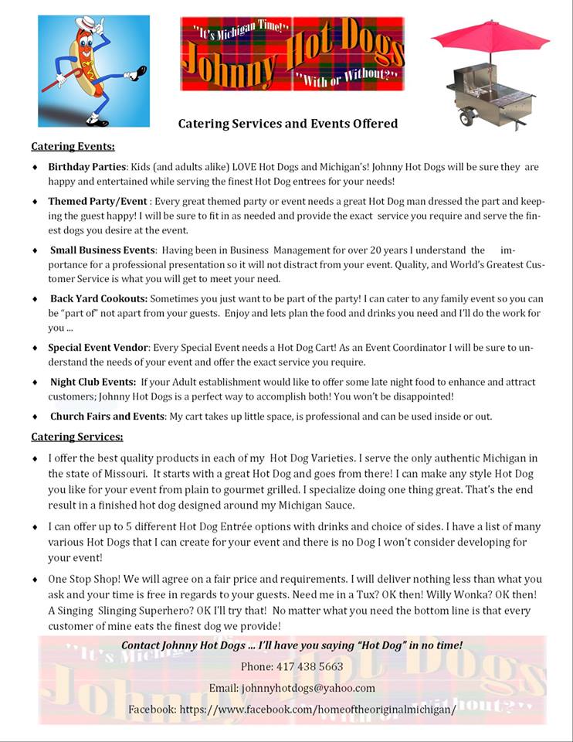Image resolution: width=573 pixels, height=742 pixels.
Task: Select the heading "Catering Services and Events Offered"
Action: click(288, 123)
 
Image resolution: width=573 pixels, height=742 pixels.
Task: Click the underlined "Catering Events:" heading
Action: click(73, 146)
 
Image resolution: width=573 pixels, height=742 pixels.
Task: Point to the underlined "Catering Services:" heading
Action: click(76, 437)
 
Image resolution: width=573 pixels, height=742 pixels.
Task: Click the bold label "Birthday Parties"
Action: click(87, 167)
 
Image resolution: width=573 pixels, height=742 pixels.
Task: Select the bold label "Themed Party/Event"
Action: click(97, 201)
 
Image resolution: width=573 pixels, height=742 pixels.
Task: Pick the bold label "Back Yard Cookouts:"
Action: click(99, 298)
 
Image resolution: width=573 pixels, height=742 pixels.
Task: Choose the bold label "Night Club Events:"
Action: click(93, 382)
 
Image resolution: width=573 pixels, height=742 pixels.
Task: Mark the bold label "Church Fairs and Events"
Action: click(107, 416)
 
